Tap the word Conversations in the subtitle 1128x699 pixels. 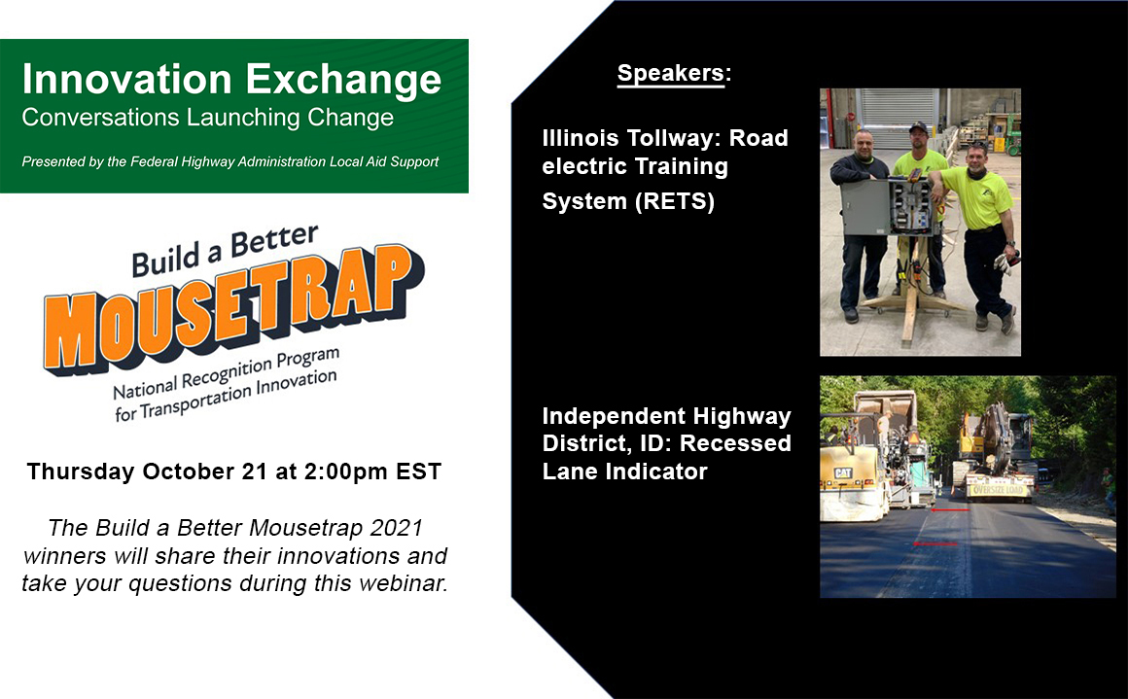pos(101,118)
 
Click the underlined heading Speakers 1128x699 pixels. pos(670,73)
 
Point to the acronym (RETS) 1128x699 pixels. pos(674,201)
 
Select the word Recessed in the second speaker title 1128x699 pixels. pos(735,443)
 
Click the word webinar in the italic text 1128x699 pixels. pos(403,583)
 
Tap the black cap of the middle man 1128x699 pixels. pos(918,128)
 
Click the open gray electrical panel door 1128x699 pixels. pos(864,208)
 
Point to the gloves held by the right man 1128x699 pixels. pos(1005,262)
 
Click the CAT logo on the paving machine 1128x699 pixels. pos(842,473)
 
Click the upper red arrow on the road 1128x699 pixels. pos(950,509)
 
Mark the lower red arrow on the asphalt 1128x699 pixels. pos(934,544)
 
